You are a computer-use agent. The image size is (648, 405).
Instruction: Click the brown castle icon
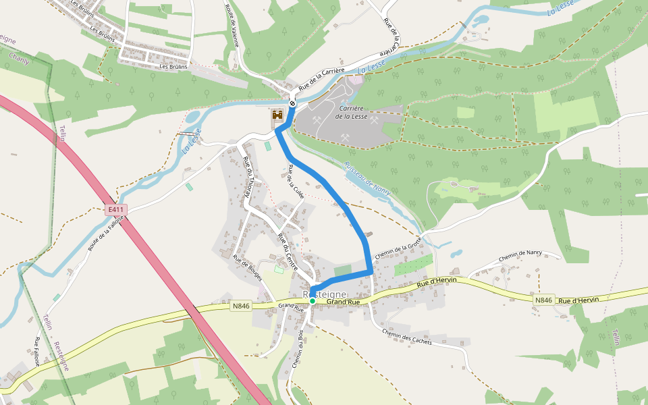click(277, 116)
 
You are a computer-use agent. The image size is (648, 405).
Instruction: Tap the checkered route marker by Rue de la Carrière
click(292, 103)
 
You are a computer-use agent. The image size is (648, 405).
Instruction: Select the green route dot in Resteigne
click(312, 301)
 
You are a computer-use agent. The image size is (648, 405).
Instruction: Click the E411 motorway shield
click(117, 210)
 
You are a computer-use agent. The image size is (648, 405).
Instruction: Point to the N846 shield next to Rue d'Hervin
click(543, 300)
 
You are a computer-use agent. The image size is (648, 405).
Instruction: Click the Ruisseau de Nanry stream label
click(368, 174)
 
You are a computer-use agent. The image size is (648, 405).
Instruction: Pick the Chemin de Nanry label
click(520, 257)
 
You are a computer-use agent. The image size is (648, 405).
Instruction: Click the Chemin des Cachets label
click(406, 337)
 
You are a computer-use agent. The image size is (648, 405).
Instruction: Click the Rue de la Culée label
click(296, 180)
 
